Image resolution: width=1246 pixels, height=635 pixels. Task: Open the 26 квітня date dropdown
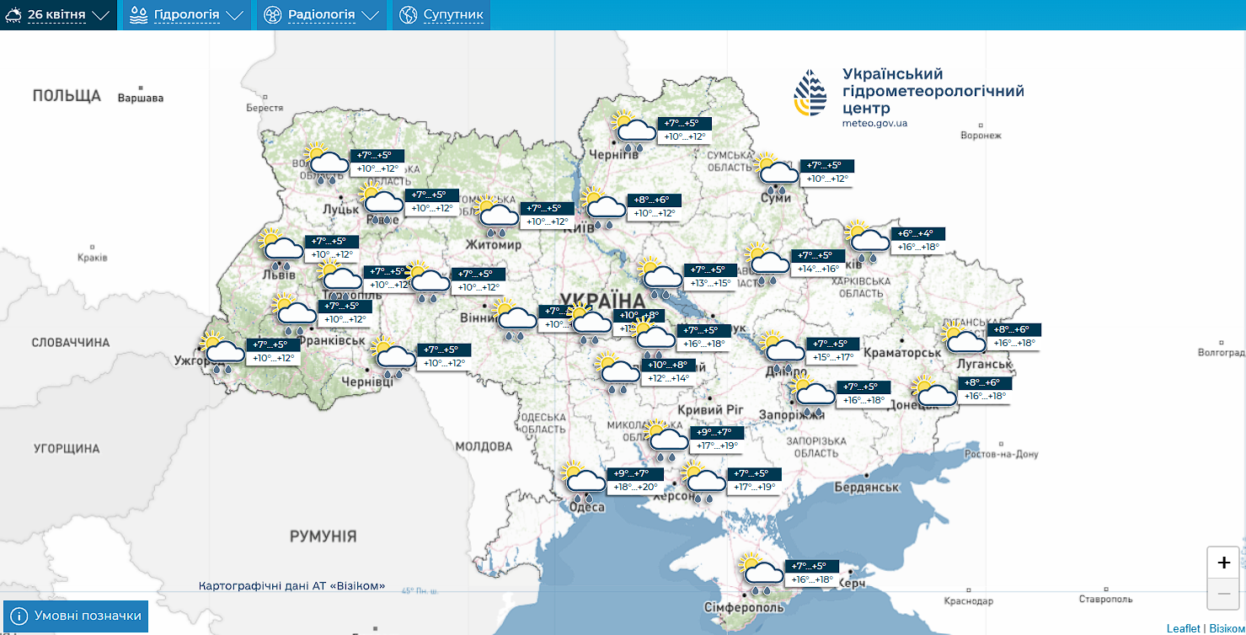pos(58,15)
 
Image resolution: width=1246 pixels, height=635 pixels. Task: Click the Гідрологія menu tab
pos(187,15)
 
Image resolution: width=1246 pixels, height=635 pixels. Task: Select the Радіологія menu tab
pos(321,15)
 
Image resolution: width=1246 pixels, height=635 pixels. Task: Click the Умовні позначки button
pos(77,616)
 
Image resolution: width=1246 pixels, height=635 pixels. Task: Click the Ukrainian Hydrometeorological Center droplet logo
pos(810,93)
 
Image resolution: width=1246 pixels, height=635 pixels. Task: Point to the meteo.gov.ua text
pos(874,123)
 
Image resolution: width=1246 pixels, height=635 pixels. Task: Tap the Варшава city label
pos(141,98)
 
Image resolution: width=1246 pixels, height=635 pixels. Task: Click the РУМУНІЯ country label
pos(323,536)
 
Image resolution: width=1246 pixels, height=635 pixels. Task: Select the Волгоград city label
pos(1220,351)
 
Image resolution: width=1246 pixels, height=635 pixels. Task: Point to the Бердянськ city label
pos(867,487)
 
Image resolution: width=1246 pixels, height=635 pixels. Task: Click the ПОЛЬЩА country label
pos(67,96)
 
